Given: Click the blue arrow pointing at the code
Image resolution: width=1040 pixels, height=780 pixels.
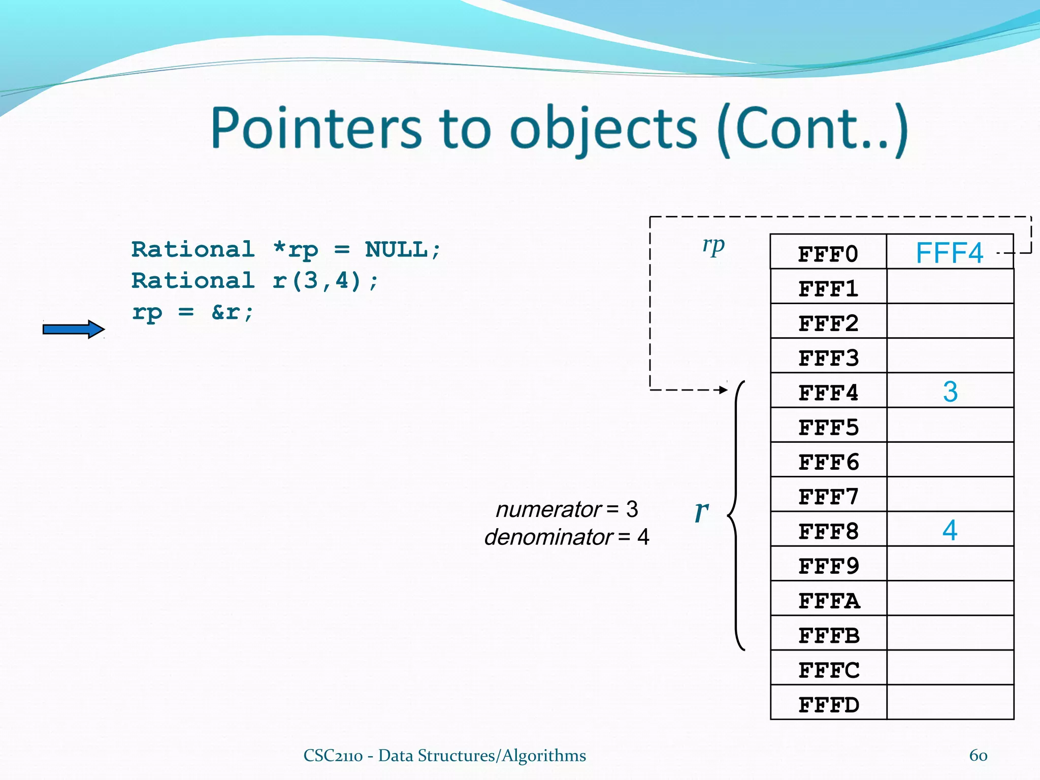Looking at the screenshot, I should click(x=73, y=330).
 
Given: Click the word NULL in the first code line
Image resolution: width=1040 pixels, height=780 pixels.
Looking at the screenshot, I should click(x=397, y=249).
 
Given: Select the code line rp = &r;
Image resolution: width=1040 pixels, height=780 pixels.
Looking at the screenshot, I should click(x=192, y=312).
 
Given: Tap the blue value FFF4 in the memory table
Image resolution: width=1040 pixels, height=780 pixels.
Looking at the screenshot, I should click(x=949, y=253).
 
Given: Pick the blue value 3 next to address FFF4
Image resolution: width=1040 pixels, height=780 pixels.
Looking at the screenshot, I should click(x=950, y=392).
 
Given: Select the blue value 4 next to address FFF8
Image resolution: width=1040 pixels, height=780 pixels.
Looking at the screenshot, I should click(x=950, y=530).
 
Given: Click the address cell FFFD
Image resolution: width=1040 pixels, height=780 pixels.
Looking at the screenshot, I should click(x=828, y=704).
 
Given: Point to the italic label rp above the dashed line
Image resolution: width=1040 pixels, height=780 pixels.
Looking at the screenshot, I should click(x=713, y=245).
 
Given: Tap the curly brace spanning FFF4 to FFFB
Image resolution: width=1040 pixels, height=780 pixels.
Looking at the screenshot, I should click(x=735, y=515).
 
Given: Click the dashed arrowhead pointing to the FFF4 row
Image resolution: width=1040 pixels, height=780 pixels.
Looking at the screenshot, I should click(x=723, y=390).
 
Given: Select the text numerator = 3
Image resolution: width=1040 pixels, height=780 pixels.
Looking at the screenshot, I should click(x=566, y=509).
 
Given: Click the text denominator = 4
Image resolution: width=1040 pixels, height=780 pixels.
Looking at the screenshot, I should click(x=566, y=537).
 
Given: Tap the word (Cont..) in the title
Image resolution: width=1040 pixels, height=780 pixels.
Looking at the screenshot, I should click(x=812, y=129).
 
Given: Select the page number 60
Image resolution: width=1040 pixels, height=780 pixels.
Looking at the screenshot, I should click(x=978, y=755).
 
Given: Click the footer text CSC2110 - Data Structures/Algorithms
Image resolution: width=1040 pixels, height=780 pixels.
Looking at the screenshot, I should click(x=444, y=755).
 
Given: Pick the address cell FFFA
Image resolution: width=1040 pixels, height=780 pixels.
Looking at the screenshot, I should click(x=828, y=601).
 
